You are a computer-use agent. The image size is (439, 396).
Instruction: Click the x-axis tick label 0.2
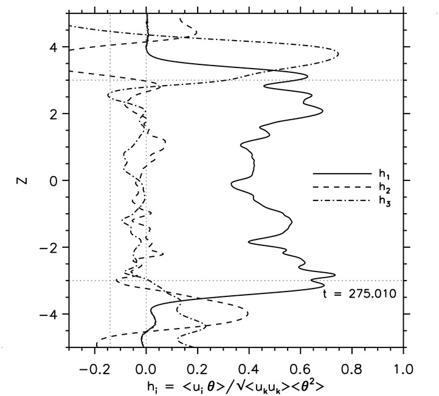[198, 369]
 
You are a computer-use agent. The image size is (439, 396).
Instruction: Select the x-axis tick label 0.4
[249, 369]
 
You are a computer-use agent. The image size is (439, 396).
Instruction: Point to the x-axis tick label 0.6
[300, 369]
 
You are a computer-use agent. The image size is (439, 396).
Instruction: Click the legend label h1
[382, 176]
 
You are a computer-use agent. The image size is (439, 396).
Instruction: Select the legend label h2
[382, 189]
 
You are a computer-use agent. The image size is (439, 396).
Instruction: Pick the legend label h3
[382, 203]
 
